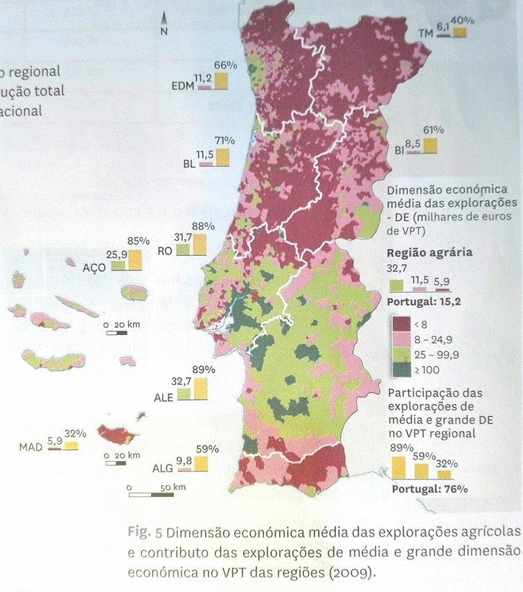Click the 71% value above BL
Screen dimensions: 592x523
[224, 141]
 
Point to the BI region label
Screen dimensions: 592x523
[399, 149]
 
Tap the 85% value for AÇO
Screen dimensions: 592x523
[138, 241]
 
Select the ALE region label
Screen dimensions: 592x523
[163, 399]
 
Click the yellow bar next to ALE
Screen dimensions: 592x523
[201, 389]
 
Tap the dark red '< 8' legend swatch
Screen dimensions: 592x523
[402, 324]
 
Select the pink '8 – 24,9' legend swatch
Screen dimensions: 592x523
[402, 339]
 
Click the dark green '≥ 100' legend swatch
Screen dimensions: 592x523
[402, 369]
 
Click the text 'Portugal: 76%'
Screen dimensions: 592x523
[429, 489]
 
